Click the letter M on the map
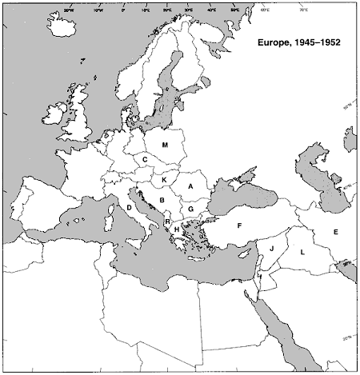(165, 145)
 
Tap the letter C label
(145, 160)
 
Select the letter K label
(163, 182)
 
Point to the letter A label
(190, 186)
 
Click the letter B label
(162, 200)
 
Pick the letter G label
(192, 209)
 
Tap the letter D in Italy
(129, 208)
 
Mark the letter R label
(167, 221)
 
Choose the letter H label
(176, 229)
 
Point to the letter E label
(336, 232)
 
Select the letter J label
(272, 249)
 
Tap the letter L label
(302, 252)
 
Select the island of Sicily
(144, 245)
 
